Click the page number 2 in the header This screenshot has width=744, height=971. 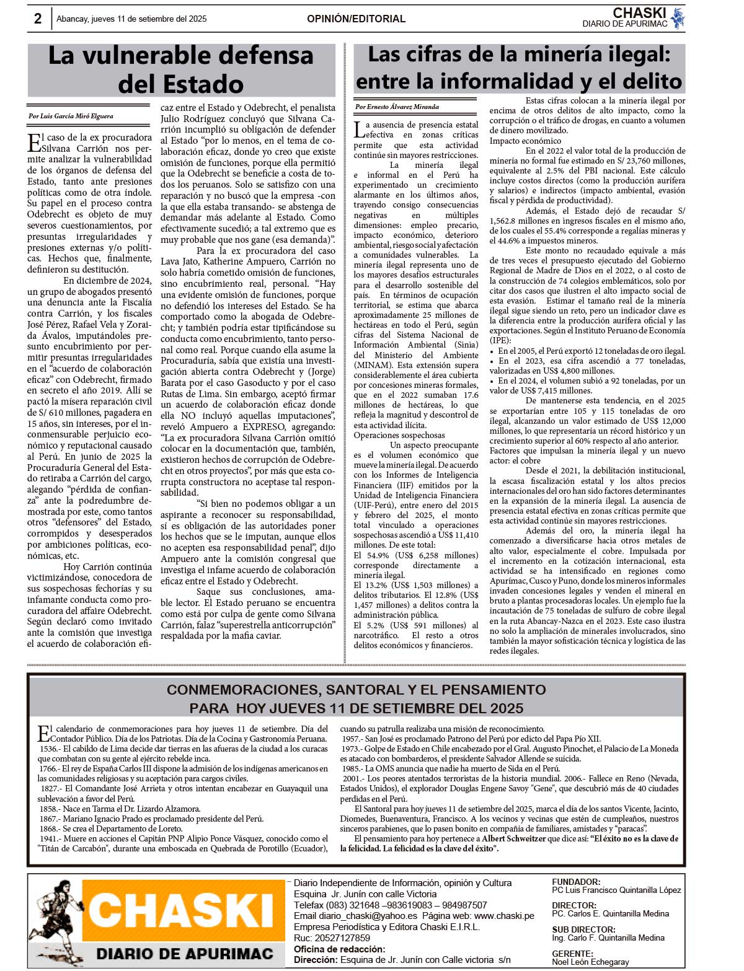(38, 19)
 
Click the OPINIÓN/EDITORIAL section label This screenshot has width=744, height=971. (356, 19)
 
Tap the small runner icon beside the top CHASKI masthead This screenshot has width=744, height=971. (678, 18)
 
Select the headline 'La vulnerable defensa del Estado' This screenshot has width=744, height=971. (181, 69)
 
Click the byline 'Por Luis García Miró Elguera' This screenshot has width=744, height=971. (71, 116)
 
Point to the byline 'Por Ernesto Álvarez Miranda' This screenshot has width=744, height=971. (397, 107)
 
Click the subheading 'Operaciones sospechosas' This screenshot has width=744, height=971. (399, 435)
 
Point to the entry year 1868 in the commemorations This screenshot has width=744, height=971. (49, 828)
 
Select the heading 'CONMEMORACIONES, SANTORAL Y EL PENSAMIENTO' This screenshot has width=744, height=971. (356, 690)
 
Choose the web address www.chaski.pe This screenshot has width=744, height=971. (504, 916)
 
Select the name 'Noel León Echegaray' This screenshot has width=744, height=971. (590, 962)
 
